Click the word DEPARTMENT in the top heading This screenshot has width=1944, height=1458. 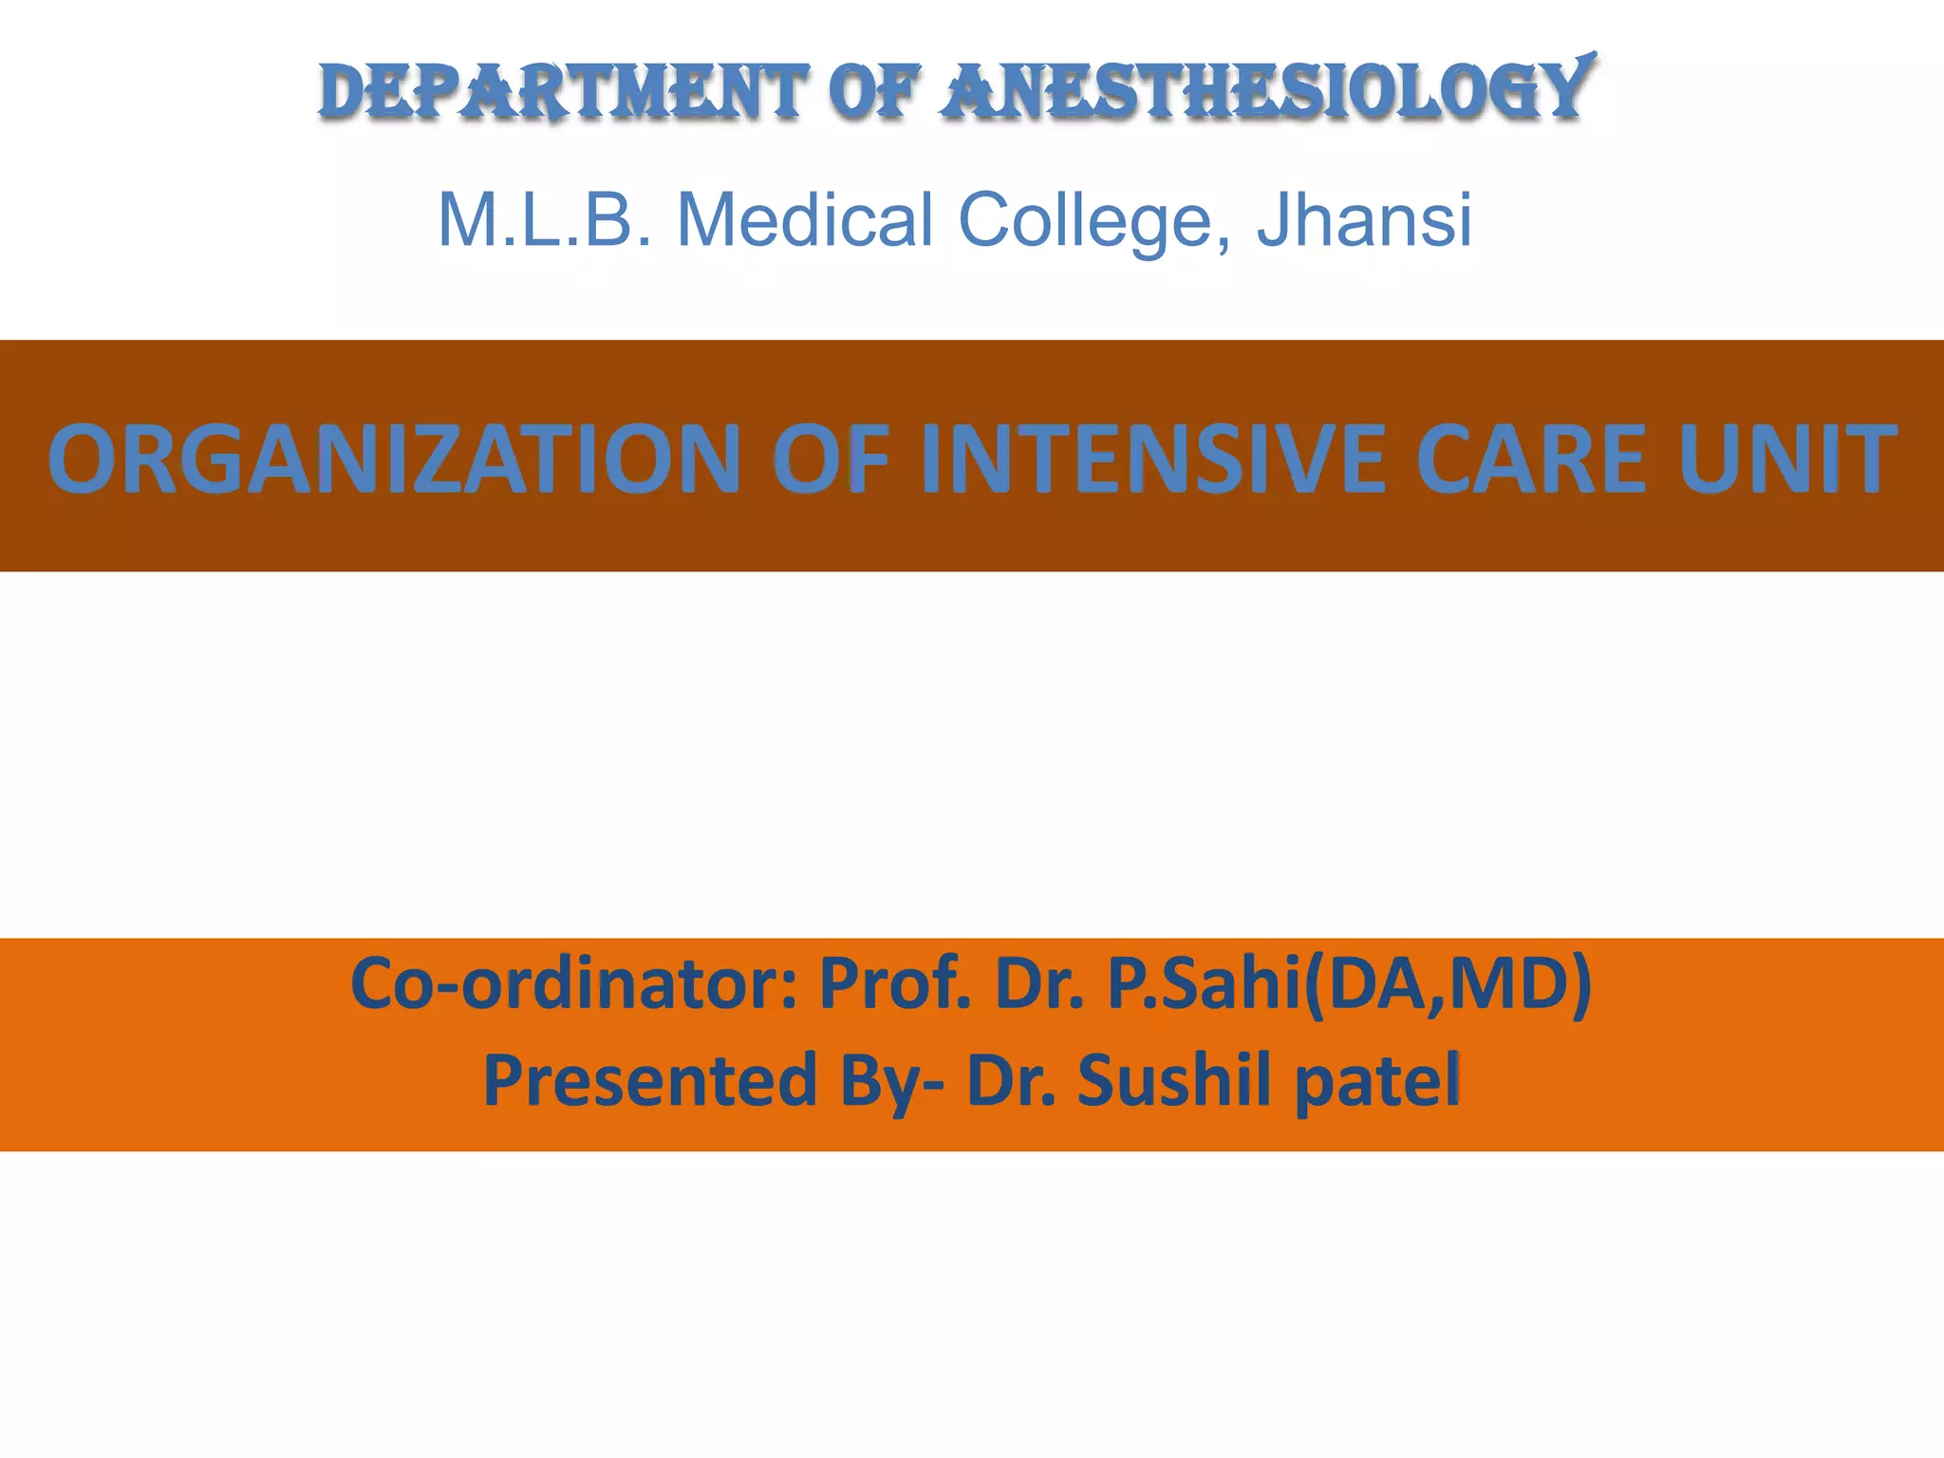[563, 93]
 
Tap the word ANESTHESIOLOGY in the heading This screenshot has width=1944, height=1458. [1267, 91]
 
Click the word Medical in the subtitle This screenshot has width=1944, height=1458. [805, 220]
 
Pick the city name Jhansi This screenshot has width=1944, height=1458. [1364, 220]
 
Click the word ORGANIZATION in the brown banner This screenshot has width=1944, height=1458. [394, 459]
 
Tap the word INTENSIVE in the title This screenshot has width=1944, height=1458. [1153, 459]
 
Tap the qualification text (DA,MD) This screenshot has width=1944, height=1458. [1449, 985]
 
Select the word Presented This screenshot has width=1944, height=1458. [650, 1080]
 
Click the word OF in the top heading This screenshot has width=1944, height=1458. [874, 93]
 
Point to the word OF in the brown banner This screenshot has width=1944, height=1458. [832, 459]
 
